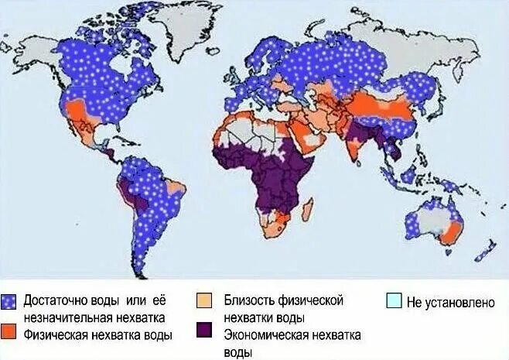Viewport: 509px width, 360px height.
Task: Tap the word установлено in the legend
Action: pyautogui.click(x=461, y=302)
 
